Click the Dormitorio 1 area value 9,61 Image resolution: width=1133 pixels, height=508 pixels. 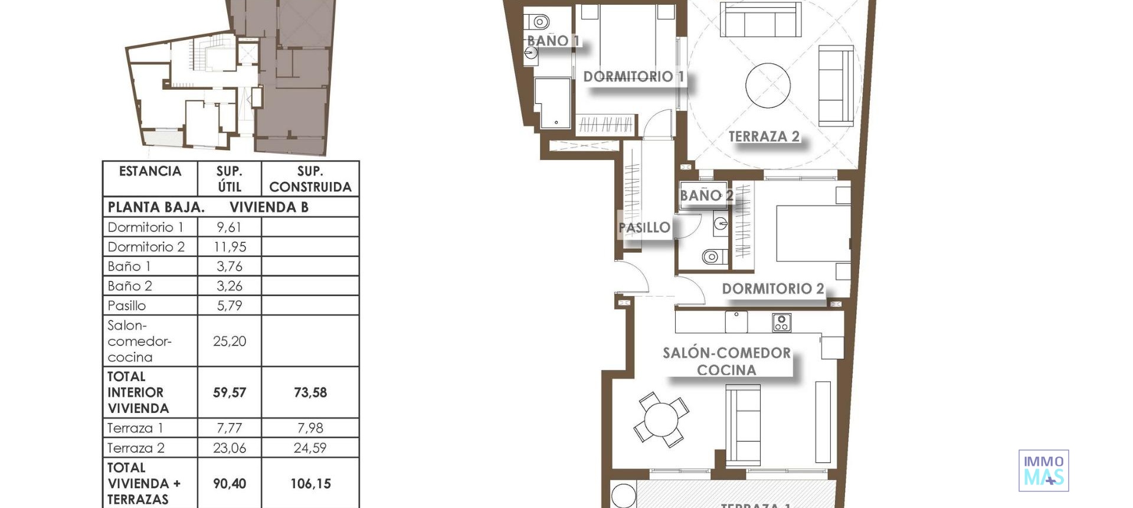229,227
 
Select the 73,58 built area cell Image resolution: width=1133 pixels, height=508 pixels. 310,393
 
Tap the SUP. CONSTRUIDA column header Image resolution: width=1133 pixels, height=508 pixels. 310,179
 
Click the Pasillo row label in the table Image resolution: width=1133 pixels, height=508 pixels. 127,306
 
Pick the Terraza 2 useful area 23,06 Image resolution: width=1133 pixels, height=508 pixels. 229,448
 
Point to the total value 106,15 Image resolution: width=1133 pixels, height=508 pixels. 310,484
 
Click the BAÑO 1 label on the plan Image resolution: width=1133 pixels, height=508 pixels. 552,41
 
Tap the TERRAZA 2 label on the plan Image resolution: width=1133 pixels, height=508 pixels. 764,136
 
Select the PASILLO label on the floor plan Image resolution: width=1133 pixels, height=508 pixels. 644,227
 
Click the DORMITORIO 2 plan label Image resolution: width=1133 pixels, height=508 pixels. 772,289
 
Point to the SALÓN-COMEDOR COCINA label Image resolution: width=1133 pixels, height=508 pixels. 726,362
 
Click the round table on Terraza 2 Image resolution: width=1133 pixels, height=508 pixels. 768,86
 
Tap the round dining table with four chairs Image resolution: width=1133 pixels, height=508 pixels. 662,420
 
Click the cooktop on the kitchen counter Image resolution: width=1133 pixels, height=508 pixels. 781,323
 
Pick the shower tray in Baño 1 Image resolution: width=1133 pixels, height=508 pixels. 553,103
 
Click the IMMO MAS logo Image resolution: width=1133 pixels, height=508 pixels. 1043,471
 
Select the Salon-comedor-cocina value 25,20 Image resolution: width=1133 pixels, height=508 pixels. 229,341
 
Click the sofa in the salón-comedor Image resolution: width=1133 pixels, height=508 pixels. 742,425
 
